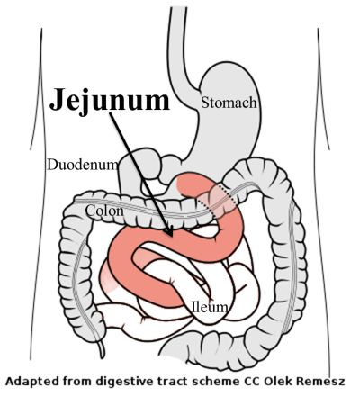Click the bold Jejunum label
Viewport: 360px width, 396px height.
coord(110,100)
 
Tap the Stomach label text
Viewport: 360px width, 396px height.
coord(229,103)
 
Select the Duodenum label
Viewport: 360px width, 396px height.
coord(83,165)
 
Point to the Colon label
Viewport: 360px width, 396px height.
coord(104,211)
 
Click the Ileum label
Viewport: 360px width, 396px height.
coord(210,307)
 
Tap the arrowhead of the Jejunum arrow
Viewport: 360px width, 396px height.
coord(169,231)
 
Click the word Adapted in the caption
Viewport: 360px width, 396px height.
coord(28,382)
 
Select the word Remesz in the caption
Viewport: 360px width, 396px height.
coord(320,382)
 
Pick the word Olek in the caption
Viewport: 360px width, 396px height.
coord(279,382)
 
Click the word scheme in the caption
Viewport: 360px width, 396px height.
coord(215,382)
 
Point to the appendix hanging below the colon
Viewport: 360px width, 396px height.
coord(102,347)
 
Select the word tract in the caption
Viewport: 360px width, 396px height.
coord(172,382)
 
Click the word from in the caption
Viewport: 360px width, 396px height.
coord(74,382)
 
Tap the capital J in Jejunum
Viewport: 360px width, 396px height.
coord(58,99)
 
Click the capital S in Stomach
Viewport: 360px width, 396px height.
coord(205,103)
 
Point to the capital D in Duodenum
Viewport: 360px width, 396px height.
coord(51,165)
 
